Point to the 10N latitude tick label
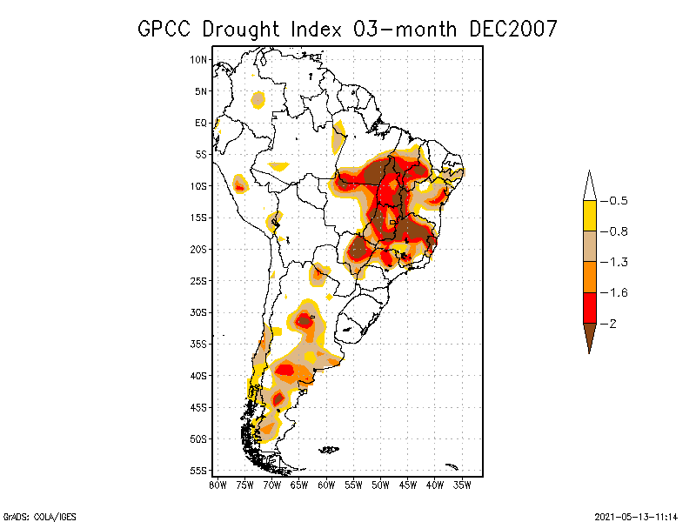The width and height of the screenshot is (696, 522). (x=199, y=60)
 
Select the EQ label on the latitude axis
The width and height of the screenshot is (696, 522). (x=201, y=123)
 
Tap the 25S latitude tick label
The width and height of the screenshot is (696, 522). (x=199, y=281)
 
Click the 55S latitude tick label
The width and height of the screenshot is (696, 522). (x=199, y=471)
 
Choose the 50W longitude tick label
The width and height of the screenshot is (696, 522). (x=380, y=485)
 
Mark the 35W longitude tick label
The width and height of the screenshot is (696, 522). (x=462, y=485)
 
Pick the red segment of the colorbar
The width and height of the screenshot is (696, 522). (x=589, y=307)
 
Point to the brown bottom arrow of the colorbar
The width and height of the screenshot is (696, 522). (x=589, y=337)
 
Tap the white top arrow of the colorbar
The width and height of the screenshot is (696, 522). (x=589, y=186)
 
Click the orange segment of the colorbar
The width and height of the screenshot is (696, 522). (x=589, y=277)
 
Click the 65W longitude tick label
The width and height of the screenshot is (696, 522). (x=298, y=485)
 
